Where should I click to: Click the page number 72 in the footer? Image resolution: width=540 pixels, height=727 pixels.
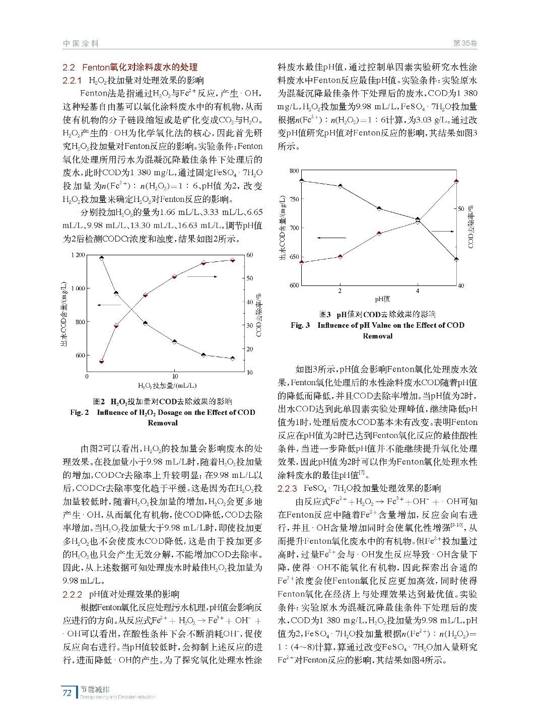(66, 693)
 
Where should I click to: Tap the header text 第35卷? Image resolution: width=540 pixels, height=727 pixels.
(465, 44)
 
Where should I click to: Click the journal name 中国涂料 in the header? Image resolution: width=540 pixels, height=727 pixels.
(81, 44)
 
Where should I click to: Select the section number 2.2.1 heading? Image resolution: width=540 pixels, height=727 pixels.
(72, 81)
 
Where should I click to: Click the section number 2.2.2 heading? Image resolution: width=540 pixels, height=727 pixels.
(72, 594)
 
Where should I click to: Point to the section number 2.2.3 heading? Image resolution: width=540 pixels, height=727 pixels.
(287, 488)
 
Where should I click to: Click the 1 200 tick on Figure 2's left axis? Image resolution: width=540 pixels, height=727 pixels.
(78, 255)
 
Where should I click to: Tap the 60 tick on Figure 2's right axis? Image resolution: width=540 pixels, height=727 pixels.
(249, 255)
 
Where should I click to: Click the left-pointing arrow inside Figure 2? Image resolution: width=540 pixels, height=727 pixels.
(109, 305)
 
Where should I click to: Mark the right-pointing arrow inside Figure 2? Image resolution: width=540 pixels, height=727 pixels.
(202, 276)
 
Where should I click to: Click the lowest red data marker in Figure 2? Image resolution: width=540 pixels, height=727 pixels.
(102, 361)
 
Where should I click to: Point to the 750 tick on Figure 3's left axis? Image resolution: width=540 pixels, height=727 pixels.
(294, 199)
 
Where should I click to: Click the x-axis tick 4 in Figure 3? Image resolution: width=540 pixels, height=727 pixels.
(418, 291)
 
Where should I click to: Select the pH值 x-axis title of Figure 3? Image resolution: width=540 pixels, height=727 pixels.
(382, 299)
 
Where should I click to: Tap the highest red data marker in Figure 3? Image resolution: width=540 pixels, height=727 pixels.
(456, 181)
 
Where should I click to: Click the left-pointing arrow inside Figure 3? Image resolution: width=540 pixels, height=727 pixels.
(331, 238)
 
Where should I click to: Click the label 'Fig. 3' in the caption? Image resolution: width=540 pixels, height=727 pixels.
(300, 325)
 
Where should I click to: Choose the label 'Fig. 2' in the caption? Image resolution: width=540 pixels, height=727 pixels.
(80, 412)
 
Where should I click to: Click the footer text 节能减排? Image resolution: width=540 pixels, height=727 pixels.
(95, 689)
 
